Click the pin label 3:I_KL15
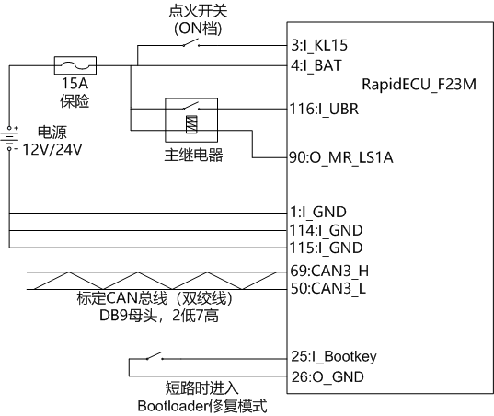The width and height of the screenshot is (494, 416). [x=319, y=45]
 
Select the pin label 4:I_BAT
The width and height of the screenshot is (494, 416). [x=316, y=65]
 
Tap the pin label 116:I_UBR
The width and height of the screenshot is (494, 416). [x=324, y=109]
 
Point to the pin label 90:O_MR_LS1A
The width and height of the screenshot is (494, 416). [x=341, y=157]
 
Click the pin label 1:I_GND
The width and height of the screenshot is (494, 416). [x=318, y=212]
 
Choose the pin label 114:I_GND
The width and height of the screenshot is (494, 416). [x=326, y=230]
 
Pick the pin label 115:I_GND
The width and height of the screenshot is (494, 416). [x=326, y=248]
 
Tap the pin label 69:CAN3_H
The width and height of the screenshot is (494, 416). [x=329, y=271]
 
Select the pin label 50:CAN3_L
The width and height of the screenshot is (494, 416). [x=328, y=288]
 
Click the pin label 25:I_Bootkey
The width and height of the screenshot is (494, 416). [x=334, y=357]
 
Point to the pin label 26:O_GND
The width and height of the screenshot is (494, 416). [x=327, y=377]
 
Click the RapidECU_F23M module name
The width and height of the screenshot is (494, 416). [x=419, y=85]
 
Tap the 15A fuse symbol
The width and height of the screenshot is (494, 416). [x=75, y=65]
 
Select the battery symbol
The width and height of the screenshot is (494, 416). [x=9, y=138]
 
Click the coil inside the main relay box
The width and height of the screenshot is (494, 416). [x=191, y=124]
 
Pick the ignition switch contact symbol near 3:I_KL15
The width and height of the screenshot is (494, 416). [x=191, y=43]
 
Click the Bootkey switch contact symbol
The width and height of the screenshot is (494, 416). [x=155, y=356]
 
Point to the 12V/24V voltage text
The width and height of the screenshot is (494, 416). [x=52, y=149]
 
